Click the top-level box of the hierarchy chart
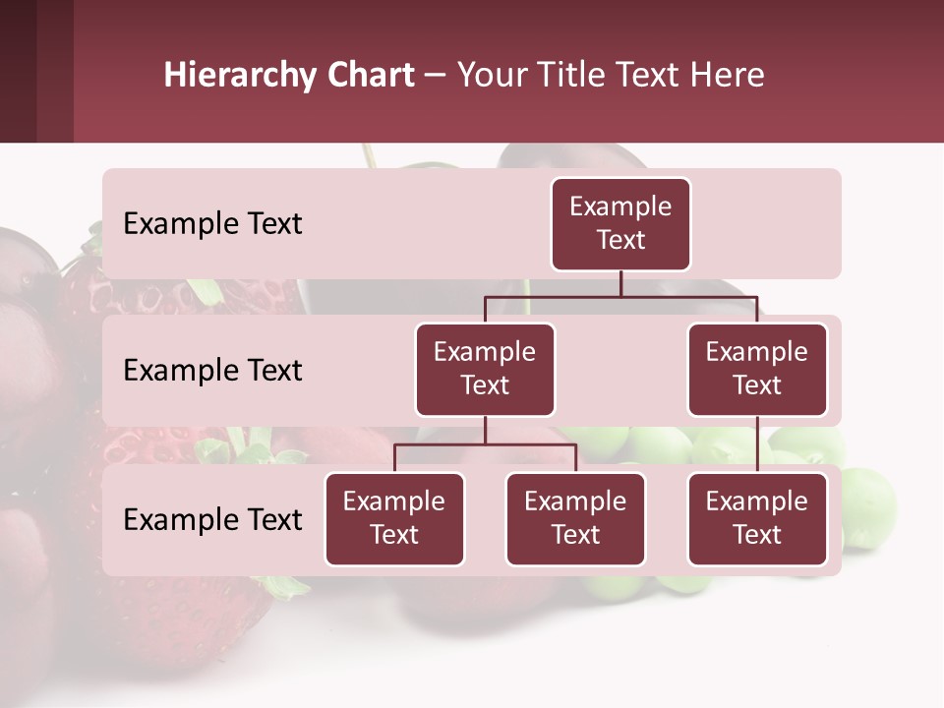[620, 223]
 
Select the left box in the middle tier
[485, 369]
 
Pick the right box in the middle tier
[757, 369]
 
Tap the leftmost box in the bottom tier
[394, 518]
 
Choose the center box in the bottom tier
[575, 518]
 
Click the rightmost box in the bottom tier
[757, 518]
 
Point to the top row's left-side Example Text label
[212, 224]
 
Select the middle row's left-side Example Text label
[212, 371]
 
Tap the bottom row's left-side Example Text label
[212, 520]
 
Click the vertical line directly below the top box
[620, 283]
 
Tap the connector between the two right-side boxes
[757, 443]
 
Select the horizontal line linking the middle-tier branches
[620, 296]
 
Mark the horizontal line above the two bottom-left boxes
[485, 444]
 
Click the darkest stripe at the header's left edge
[18, 71]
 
